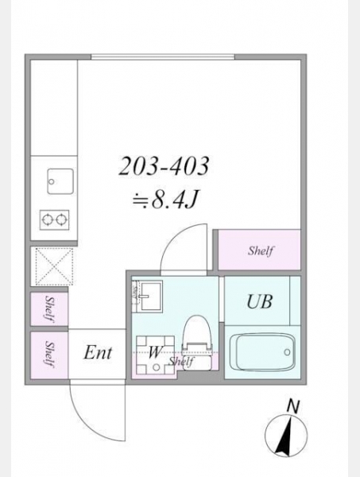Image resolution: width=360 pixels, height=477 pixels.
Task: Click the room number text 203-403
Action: click(164, 166)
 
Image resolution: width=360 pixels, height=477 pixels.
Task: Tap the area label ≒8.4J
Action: click(165, 200)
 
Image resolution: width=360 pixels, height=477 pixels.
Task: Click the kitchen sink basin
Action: click(60, 181)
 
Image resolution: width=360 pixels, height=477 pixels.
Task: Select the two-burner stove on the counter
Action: click(54, 219)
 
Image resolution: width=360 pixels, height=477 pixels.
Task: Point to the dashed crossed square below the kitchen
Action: click(54, 266)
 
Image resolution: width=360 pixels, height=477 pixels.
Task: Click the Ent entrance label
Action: click(98, 353)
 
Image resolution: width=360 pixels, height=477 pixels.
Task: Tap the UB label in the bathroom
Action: click(259, 302)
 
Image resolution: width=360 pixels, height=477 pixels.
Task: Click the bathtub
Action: click(262, 351)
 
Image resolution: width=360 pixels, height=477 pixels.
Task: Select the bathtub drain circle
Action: click(287, 352)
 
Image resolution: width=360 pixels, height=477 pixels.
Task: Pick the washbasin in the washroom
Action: click(151, 296)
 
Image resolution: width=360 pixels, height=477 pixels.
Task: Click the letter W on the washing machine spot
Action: click(155, 352)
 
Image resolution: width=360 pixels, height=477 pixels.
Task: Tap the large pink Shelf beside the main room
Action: click(259, 250)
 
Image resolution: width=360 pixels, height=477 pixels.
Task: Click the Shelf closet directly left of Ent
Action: click(49, 355)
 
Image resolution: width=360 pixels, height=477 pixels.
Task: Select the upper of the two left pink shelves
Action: click(49, 308)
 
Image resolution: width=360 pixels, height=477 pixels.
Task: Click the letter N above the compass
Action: click(293, 407)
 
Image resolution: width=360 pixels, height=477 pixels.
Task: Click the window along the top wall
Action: click(163, 57)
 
